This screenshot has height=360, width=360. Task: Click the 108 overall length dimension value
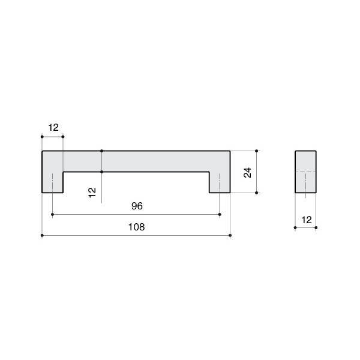click(136, 227)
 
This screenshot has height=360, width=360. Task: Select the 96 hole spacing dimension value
click(137, 206)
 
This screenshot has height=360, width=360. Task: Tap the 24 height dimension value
click(247, 173)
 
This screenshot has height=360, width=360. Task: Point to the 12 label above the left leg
click(53, 127)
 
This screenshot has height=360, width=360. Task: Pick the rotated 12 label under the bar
click(92, 193)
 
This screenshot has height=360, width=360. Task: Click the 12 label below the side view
click(307, 220)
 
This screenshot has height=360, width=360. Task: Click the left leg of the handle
click(53, 182)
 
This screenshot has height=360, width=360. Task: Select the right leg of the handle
click(220, 182)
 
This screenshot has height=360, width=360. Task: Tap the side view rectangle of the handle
click(305, 172)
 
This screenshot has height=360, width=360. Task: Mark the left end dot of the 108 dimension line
click(42, 235)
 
